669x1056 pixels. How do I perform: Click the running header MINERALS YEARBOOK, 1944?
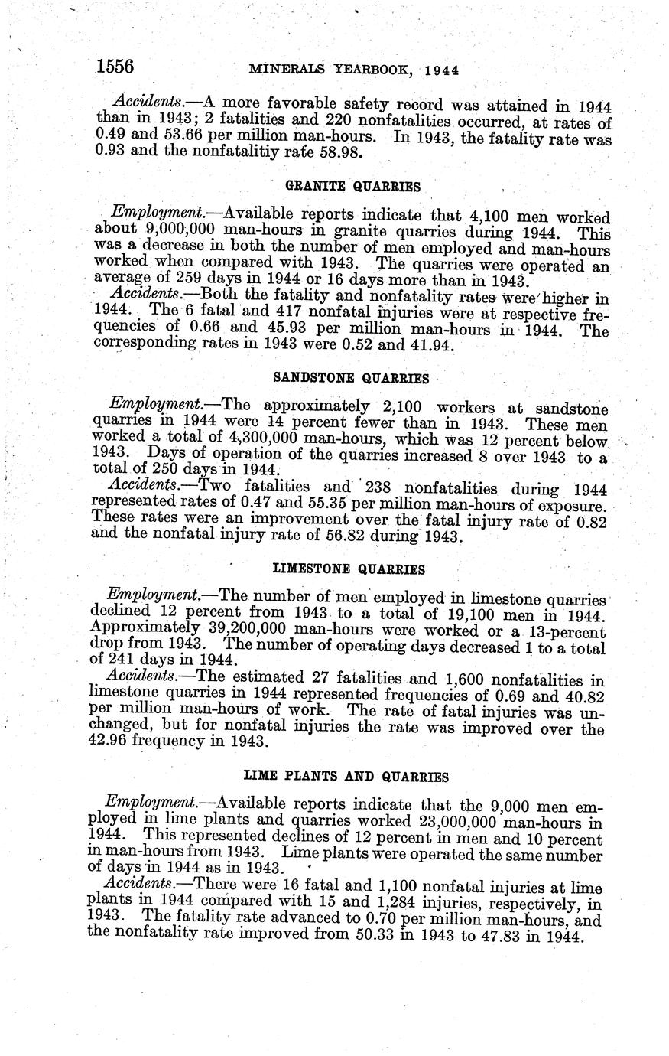pyautogui.click(x=354, y=70)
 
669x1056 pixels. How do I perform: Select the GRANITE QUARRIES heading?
pyautogui.click(x=342, y=187)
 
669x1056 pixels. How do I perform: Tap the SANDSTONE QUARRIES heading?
pyautogui.click(x=351, y=378)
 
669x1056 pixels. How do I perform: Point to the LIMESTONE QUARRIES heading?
pyautogui.click(x=349, y=569)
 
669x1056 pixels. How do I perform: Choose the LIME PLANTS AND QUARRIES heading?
pyautogui.click(x=345, y=776)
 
